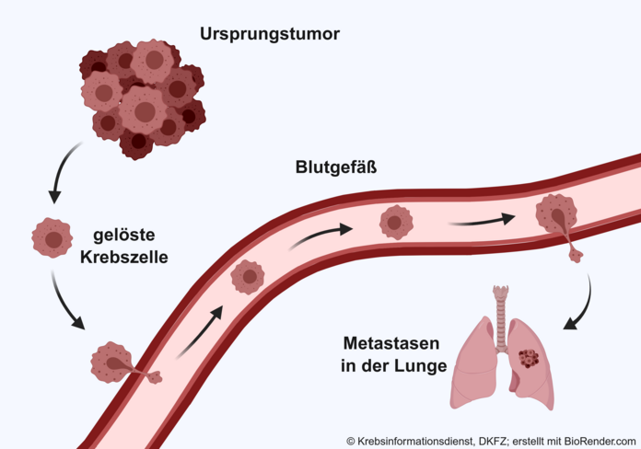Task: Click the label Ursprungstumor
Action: pos(270,34)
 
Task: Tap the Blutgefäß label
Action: pos(336,167)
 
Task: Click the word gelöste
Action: pos(123,236)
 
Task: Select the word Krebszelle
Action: pos(123,258)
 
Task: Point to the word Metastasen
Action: pos(391,343)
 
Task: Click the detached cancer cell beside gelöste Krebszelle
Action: pos(52,237)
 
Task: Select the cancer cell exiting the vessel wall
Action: pos(559,223)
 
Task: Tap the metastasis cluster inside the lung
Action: pos(529,358)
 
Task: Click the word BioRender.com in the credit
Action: pos(600,442)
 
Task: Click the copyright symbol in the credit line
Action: pos(351,442)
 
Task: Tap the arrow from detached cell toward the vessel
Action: pos(65,302)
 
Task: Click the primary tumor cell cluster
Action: pos(142,99)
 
